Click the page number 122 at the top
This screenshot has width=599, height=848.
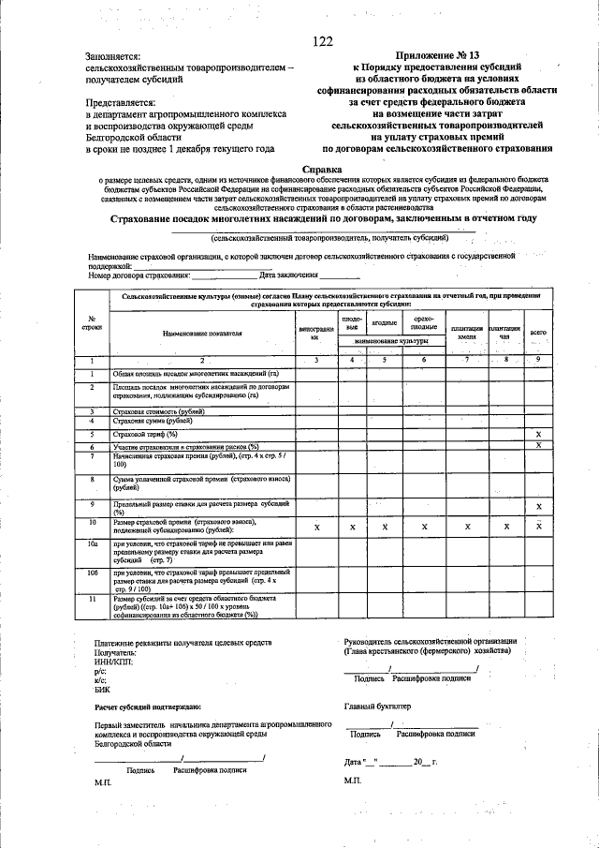click(x=323, y=40)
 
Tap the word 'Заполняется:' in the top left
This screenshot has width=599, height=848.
click(x=114, y=56)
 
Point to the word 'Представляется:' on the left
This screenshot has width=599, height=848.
click(x=121, y=102)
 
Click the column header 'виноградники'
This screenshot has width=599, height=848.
click(x=315, y=333)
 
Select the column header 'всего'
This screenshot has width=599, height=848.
click(x=538, y=332)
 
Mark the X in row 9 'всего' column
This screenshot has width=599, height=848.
click(x=538, y=507)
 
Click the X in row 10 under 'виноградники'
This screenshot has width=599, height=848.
click(x=315, y=528)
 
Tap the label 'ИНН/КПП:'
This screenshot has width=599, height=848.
click(x=114, y=662)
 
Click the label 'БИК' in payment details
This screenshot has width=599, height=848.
click(x=102, y=689)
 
